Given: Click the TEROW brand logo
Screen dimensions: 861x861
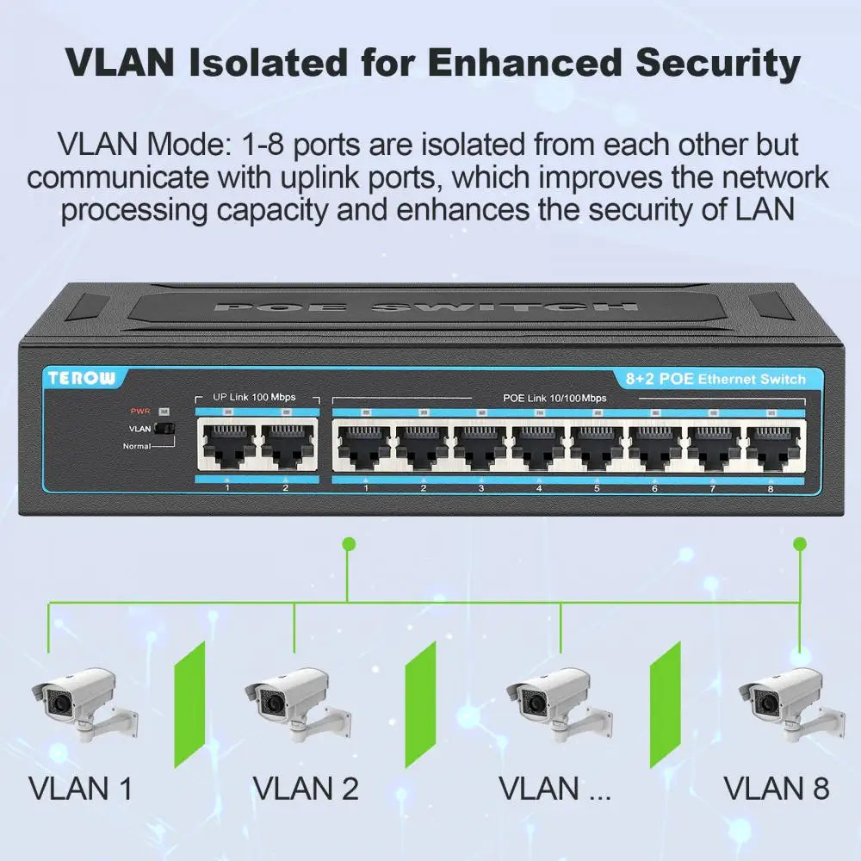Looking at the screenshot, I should pos(84,377).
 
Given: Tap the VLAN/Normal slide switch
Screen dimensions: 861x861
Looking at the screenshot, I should pos(164,427).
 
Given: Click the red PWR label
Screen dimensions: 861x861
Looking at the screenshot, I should pos(139,411).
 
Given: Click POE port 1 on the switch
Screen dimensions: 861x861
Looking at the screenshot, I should pos(366,446).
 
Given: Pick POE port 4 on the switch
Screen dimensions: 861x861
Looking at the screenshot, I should pos(539,446).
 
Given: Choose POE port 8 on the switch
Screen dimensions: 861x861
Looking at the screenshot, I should pos(771,446).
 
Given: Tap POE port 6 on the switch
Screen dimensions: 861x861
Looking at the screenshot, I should pos(655,446).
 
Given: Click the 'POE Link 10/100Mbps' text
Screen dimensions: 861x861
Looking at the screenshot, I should pos(554,399).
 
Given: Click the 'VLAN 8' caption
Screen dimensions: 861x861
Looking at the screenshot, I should pos(776,788).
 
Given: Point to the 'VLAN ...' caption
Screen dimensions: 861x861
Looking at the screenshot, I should pos(554,788).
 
